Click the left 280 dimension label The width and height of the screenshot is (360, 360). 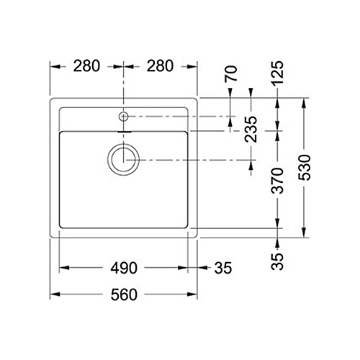(x=86, y=66)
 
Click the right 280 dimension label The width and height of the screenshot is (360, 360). (x=160, y=66)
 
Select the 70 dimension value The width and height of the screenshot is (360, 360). (x=231, y=73)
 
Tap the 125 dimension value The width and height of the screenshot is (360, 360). (x=277, y=73)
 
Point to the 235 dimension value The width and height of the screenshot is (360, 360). (x=251, y=129)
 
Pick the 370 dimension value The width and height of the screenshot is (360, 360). (x=277, y=181)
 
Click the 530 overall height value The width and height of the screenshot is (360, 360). (x=304, y=168)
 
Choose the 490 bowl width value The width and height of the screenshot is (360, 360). (x=124, y=268)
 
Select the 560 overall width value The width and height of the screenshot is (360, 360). (x=124, y=294)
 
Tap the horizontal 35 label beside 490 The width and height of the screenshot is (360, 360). (x=223, y=268)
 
